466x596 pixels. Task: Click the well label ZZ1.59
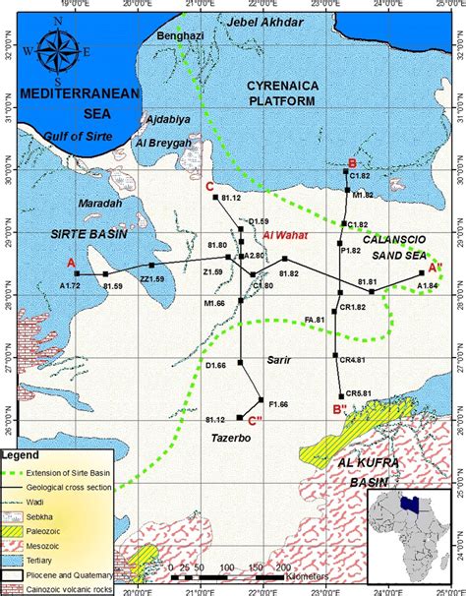pos(152,279)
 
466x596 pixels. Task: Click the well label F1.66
pos(277,403)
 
